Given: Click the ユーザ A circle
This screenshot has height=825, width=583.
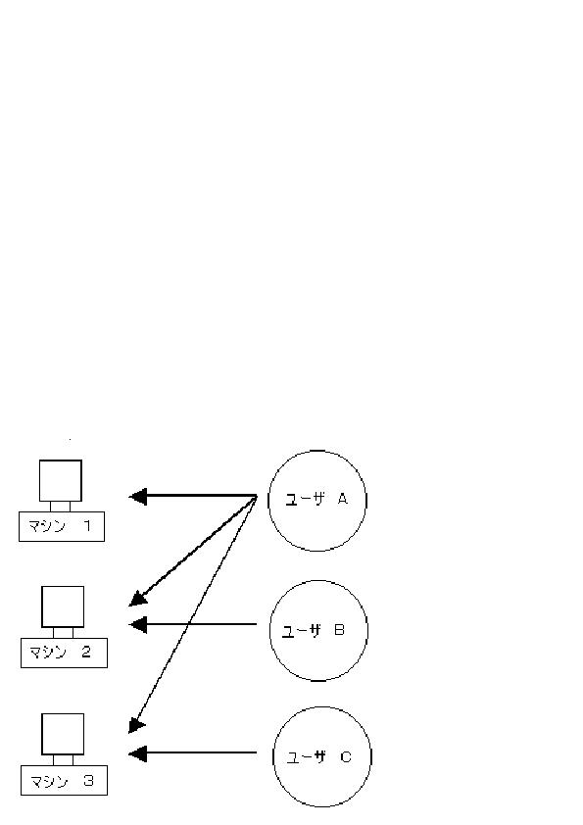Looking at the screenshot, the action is tap(317, 451).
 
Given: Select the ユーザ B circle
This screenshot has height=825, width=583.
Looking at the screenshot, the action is tap(318, 581).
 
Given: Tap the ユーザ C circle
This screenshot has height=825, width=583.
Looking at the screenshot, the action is tap(322, 707).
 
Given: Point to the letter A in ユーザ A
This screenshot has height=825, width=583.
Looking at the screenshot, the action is tap(343, 499).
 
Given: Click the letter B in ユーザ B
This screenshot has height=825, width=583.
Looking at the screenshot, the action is tap(339, 629).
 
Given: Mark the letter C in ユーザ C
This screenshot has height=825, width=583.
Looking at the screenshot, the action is tap(346, 756).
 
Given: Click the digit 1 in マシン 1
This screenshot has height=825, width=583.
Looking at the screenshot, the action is tap(87, 525).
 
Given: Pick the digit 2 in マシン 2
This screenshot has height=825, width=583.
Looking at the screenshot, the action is tap(86, 652).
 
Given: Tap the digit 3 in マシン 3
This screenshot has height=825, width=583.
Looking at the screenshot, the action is tap(88, 780).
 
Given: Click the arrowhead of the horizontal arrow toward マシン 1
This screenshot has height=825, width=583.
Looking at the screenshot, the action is tap(138, 496).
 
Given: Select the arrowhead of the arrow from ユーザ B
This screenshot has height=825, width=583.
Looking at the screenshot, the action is tap(138, 624).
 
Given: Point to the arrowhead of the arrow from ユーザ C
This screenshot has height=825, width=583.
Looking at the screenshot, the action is tap(138, 753).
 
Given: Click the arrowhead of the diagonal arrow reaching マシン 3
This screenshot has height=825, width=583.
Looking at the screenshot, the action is tap(136, 725).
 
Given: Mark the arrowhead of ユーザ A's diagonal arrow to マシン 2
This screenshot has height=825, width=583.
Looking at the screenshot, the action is tap(138, 599).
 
